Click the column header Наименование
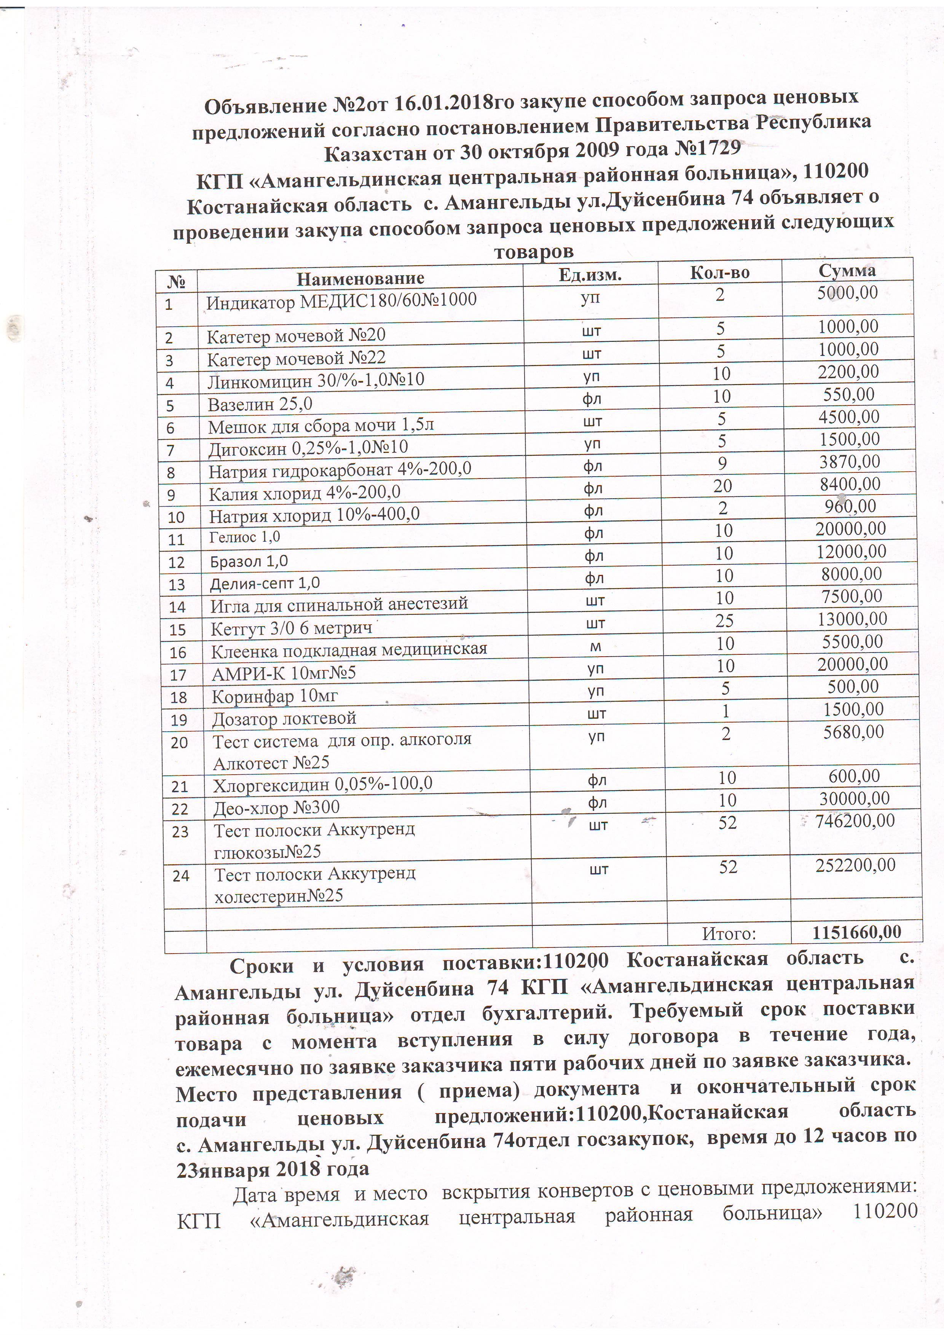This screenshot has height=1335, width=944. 360,279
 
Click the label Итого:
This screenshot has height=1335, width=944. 729,934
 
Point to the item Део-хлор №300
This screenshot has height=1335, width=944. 277,808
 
